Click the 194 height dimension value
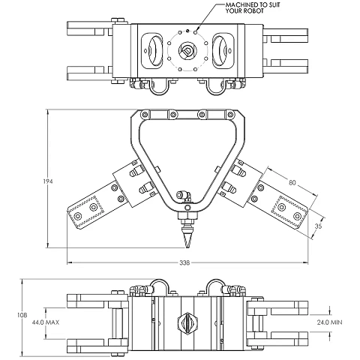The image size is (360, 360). coord(48,181)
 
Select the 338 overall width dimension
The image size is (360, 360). coord(184,262)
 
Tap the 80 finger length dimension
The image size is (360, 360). coord(292,183)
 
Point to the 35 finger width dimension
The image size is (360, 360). coord(319,226)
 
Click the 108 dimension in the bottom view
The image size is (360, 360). coord(22,315)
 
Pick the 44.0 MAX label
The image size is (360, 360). coord(46,322)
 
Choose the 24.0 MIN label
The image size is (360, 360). coord(329,322)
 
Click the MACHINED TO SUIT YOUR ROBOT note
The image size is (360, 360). coord(253,7)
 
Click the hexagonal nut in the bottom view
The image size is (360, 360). coord(187,322)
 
